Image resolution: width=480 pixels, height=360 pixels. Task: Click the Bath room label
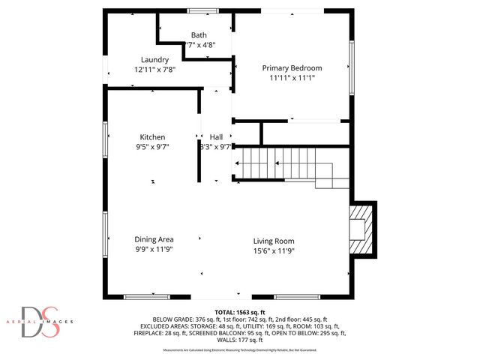(199, 35)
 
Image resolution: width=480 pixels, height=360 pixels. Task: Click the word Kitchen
(152, 137)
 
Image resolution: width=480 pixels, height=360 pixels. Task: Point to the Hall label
(216, 137)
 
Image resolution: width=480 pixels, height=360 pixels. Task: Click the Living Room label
(273, 241)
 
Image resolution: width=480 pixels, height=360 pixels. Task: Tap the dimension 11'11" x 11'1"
(291, 78)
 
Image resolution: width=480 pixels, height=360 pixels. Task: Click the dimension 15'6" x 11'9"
(273, 250)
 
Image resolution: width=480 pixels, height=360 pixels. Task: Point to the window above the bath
(199, 10)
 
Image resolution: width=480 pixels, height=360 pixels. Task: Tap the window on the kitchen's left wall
(104, 139)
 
